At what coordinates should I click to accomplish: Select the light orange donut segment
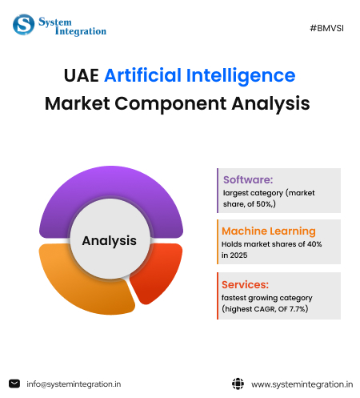click(76, 280)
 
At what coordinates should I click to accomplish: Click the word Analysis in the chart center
click(109, 239)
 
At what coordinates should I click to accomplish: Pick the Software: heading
click(248, 179)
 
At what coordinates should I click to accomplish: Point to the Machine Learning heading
click(268, 231)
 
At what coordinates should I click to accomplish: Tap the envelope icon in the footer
click(14, 384)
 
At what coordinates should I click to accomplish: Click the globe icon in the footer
click(238, 384)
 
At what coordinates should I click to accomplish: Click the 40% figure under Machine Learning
click(313, 244)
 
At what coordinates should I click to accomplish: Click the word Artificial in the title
click(149, 77)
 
